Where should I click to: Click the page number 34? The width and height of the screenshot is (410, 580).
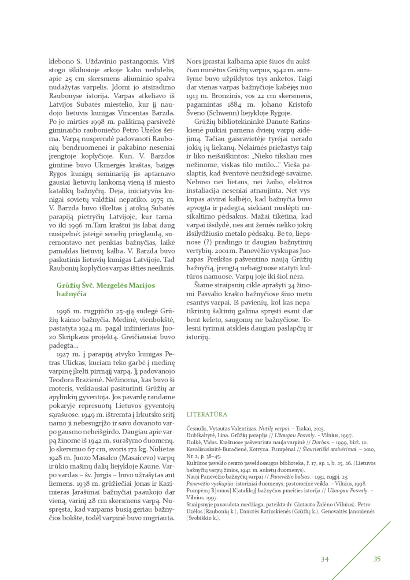coord(325,559)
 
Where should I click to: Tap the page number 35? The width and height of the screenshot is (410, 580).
coord(377,559)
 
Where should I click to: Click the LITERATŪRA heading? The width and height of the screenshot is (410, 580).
coord(207,414)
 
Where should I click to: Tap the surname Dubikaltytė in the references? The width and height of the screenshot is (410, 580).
coord(203,435)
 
